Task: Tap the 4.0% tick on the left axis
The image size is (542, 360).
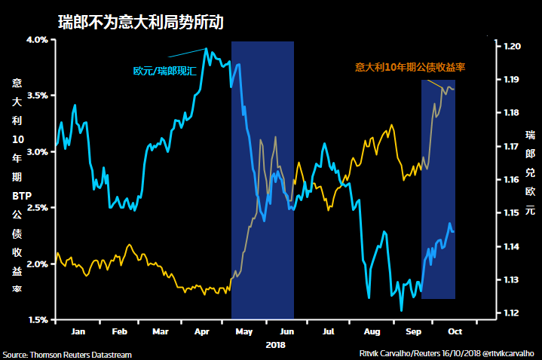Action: coord(37,40)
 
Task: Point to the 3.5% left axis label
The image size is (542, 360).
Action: coord(37,96)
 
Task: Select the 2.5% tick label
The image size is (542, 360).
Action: coord(37,208)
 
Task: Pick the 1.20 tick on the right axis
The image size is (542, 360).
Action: coord(513,47)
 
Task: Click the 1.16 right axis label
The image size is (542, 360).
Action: coord(513,180)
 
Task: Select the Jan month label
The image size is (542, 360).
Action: coord(77,331)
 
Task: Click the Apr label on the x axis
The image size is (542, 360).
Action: coord(202,331)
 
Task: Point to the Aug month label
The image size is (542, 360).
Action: coord(372,331)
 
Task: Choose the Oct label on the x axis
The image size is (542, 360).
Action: coord(455,331)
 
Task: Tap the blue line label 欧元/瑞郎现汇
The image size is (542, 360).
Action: coord(165,72)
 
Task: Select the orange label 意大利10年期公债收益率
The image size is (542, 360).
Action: coord(409,67)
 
